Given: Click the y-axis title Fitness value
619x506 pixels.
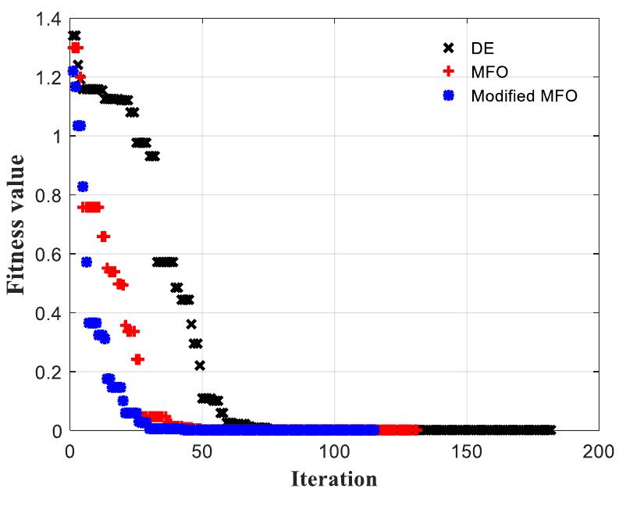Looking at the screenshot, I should tap(21, 225).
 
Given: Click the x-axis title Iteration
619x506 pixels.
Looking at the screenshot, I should tap(334, 477).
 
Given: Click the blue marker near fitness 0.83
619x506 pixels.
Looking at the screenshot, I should tap(83, 186).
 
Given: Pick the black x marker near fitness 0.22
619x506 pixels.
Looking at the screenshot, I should tap(200, 365).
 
